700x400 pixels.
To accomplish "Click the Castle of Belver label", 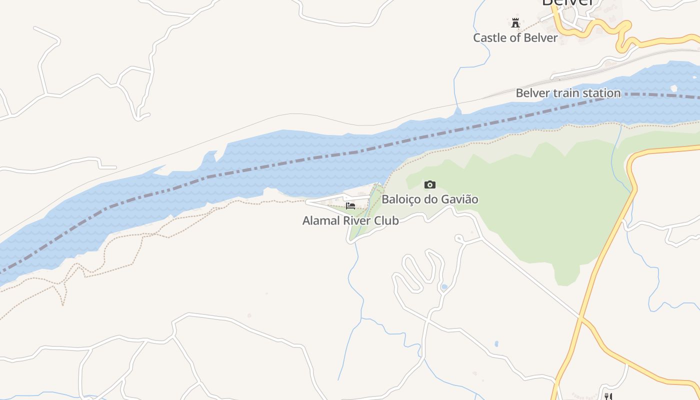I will [x=515, y=38].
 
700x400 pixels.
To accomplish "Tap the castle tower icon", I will [x=515, y=22].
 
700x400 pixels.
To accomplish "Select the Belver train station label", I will [x=568, y=93].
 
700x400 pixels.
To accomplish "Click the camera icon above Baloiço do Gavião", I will [x=429, y=185].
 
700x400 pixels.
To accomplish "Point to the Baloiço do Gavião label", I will [x=429, y=199].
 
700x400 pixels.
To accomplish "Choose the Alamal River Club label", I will [x=350, y=220].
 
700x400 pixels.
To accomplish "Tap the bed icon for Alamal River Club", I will [x=350, y=205].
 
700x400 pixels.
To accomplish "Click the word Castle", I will [x=490, y=38].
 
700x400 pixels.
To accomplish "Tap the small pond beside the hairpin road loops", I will [x=444, y=287].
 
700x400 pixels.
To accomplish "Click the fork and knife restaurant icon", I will [x=608, y=396].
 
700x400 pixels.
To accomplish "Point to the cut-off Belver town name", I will [x=568, y=3].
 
